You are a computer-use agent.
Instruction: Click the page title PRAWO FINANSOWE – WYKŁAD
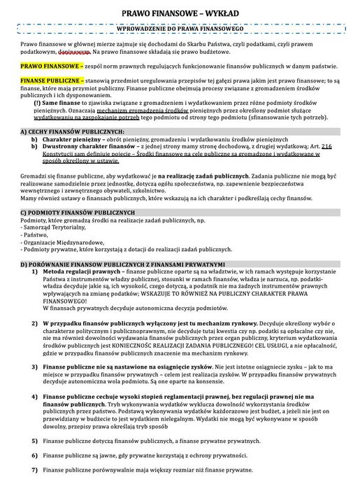(x=180, y=13)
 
